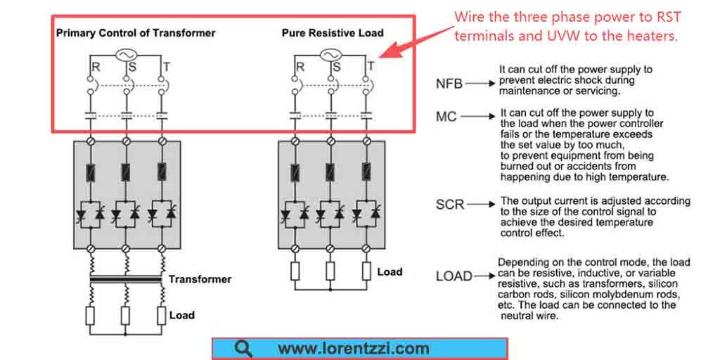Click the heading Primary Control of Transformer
point(136,33)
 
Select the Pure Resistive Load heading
point(333,33)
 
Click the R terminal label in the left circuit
point(96,67)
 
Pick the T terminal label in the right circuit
point(371,67)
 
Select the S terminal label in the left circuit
point(132,67)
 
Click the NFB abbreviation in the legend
point(449,84)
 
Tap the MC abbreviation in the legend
point(446,117)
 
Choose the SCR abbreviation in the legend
point(450,205)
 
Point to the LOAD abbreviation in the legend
point(454,276)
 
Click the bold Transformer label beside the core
point(200,279)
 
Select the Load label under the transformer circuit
point(182,316)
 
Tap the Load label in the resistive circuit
point(390,271)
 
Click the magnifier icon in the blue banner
point(243,349)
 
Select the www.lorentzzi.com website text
point(354,349)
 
